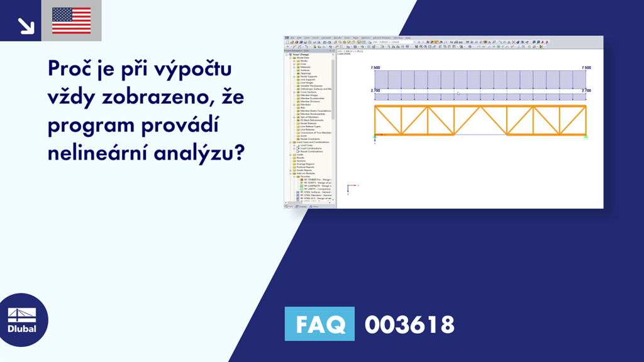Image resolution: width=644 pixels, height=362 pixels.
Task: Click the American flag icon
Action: coord(71,21)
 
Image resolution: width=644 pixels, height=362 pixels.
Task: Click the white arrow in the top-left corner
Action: coord(25,24)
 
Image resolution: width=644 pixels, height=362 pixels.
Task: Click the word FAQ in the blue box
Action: coord(319,324)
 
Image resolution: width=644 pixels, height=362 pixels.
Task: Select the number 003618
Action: coord(409,325)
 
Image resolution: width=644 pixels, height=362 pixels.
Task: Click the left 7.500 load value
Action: coord(375,67)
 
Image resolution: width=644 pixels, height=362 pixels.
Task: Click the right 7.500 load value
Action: coord(586,67)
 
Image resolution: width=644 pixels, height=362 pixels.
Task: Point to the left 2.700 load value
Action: coord(375,91)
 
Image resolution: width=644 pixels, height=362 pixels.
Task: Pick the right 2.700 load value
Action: coord(586,91)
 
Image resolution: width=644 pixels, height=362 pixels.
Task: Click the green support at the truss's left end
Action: coord(375,136)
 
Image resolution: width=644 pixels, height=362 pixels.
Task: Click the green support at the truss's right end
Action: coord(586,136)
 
